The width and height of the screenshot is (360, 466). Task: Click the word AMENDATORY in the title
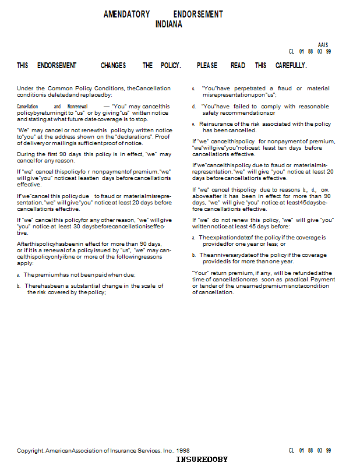[126, 14]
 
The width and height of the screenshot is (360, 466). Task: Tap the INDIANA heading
[169, 24]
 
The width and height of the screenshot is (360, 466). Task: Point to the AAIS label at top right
[323, 45]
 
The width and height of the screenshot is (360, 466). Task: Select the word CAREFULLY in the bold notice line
[291, 66]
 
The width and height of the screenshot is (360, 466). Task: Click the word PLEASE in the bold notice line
[207, 66]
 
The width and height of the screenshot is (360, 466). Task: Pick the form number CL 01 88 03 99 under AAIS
[310, 52]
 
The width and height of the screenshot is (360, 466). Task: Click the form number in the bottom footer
[310, 451]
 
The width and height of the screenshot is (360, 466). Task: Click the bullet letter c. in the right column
[193, 89]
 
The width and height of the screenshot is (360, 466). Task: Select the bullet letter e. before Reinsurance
[193, 124]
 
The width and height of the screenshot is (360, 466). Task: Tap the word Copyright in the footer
[30, 451]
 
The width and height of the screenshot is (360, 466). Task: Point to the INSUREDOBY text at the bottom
[202, 460]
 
